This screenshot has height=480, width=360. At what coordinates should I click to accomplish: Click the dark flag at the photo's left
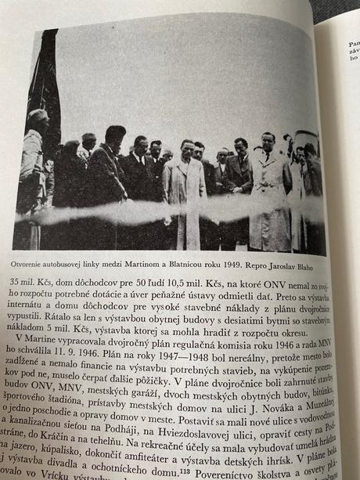point(43,86)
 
